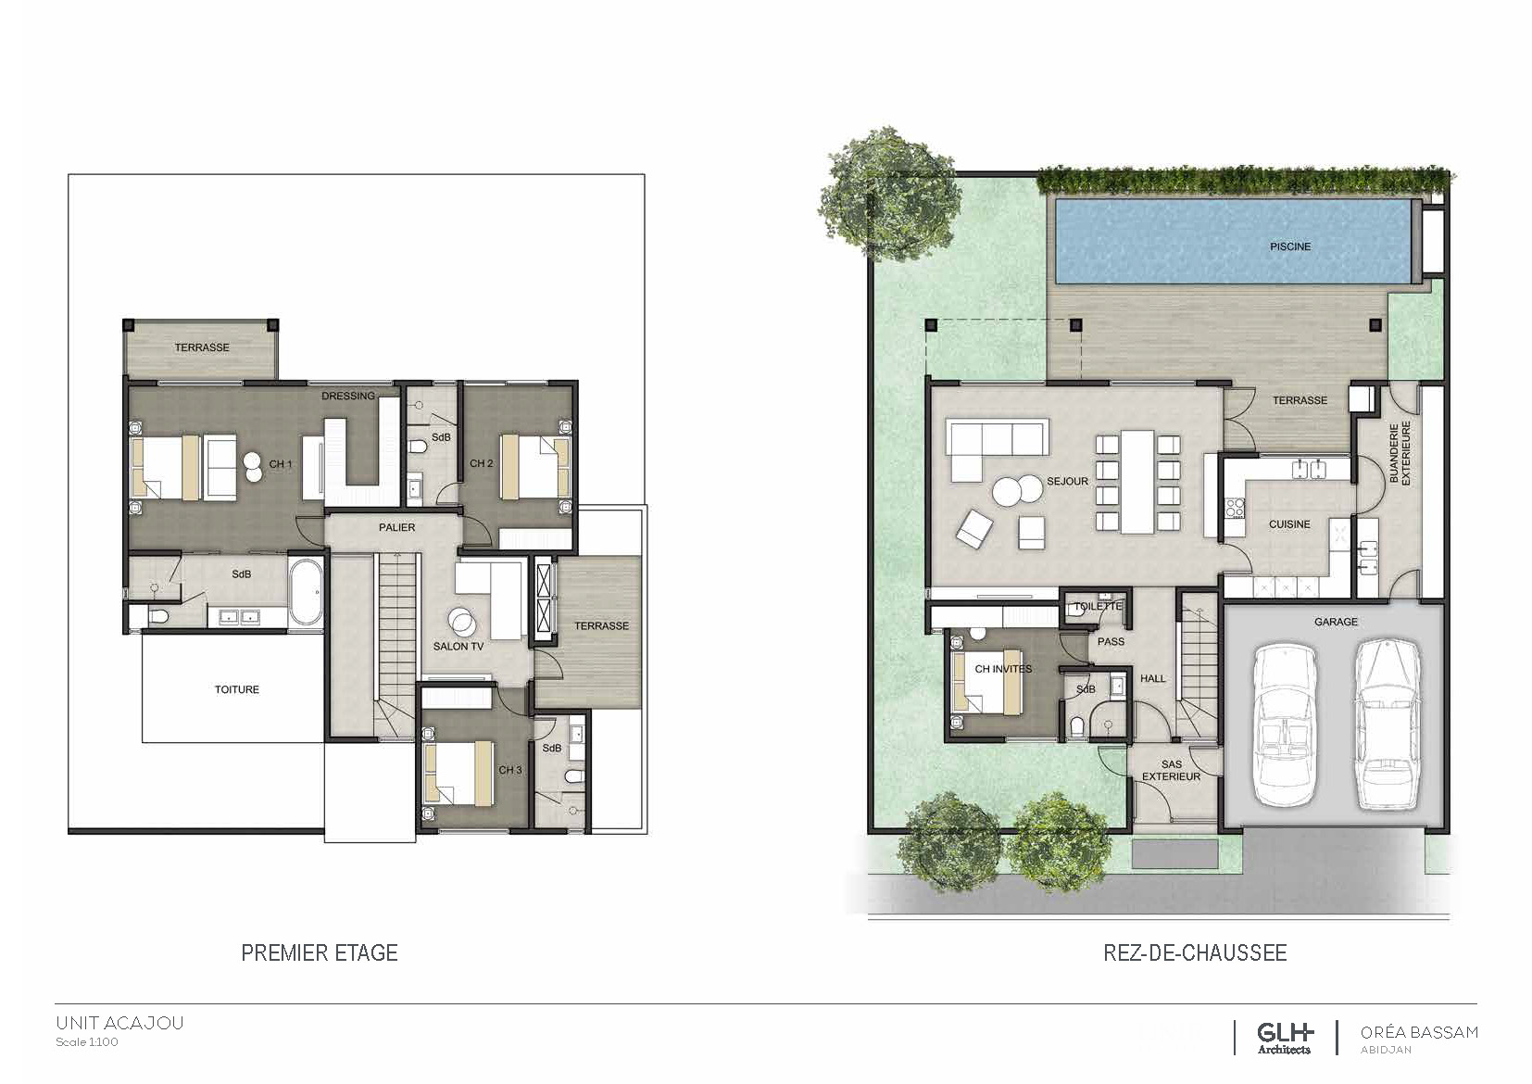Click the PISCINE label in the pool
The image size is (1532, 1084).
[x=1290, y=246]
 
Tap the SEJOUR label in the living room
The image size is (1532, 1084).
[x=1067, y=482]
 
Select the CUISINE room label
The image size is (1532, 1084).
[x=1289, y=523]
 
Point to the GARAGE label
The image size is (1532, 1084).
[x=1336, y=622]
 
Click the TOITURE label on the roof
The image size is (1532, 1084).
[x=236, y=689]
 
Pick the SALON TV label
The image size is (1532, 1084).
[x=458, y=647]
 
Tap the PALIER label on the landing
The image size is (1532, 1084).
[x=396, y=527]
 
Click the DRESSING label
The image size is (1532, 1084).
[x=348, y=396]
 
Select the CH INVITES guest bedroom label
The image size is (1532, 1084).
[x=1003, y=669]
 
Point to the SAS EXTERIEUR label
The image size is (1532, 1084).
[x=1171, y=770]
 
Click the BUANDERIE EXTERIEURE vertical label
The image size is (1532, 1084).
[x=1400, y=452]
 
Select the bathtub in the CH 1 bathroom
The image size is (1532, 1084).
[x=305, y=592]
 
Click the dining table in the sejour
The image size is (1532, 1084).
[x=1137, y=481]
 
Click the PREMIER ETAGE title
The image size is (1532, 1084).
[x=320, y=952]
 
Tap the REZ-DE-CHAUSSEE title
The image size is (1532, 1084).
[x=1195, y=952]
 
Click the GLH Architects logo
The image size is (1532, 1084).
[x=1284, y=1038]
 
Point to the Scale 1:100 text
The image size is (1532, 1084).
[x=87, y=1041]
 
